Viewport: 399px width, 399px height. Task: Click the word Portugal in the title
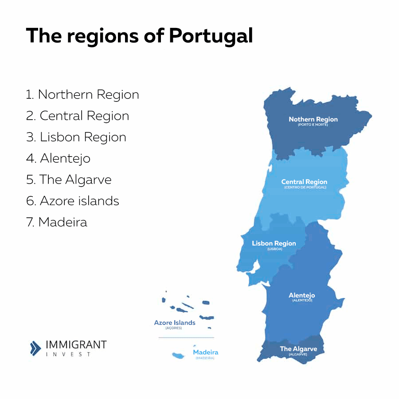click(211, 35)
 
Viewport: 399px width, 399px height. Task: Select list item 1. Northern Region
click(82, 94)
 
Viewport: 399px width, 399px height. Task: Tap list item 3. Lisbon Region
click(76, 137)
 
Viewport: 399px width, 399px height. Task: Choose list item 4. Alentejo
click(58, 158)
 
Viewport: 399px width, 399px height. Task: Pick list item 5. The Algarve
click(69, 180)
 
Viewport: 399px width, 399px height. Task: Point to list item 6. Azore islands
click(73, 201)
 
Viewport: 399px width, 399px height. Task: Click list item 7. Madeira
click(57, 222)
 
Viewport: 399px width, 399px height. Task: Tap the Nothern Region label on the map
click(313, 119)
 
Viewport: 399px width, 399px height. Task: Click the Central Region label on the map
click(304, 182)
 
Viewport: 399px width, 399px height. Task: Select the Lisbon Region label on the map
click(274, 243)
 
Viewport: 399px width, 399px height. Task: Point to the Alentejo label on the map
click(301, 295)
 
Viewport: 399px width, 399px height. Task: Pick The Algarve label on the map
click(298, 349)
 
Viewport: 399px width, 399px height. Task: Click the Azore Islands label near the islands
click(174, 323)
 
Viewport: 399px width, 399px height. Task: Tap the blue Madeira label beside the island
click(205, 352)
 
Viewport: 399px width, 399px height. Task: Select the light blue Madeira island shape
click(179, 356)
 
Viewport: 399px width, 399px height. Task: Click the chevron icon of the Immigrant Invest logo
click(35, 348)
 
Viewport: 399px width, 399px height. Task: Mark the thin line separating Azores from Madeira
click(186, 337)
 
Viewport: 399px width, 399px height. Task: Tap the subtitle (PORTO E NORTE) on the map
click(313, 125)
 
